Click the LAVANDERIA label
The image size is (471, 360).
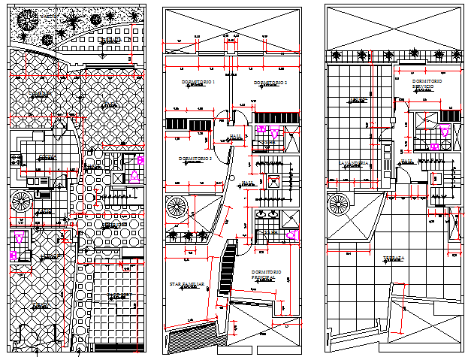353,163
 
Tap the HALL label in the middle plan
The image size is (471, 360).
235,136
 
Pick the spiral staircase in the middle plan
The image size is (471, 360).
180,207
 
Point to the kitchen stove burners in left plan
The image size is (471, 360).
15,159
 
